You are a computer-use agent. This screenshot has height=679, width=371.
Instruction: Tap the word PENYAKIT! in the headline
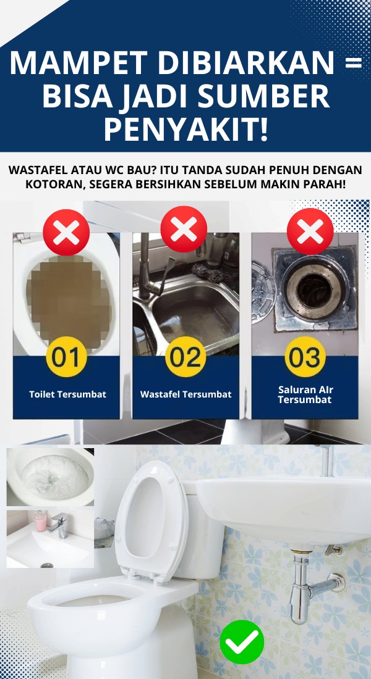(186, 128)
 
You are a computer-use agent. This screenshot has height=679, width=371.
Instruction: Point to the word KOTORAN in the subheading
(53, 183)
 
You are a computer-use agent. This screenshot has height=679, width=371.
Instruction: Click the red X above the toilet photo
(66, 233)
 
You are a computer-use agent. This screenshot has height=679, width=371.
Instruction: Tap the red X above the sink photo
(184, 229)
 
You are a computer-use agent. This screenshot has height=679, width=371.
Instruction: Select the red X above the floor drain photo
(310, 231)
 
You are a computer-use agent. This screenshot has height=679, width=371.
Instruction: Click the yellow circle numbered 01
(66, 357)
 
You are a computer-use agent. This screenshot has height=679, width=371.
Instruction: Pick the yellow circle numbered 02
(187, 357)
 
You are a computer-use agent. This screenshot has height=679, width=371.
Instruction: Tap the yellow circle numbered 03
(305, 357)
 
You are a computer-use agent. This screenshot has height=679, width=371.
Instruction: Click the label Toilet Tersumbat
(67, 394)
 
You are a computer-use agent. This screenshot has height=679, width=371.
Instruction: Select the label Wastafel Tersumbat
(185, 394)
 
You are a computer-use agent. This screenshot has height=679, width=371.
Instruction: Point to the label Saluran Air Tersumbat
(305, 394)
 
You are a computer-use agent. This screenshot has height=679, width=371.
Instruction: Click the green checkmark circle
(242, 642)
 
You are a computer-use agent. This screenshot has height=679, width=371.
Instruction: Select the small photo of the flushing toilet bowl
(50, 477)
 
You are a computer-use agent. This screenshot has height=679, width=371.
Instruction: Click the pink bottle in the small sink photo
(40, 521)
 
